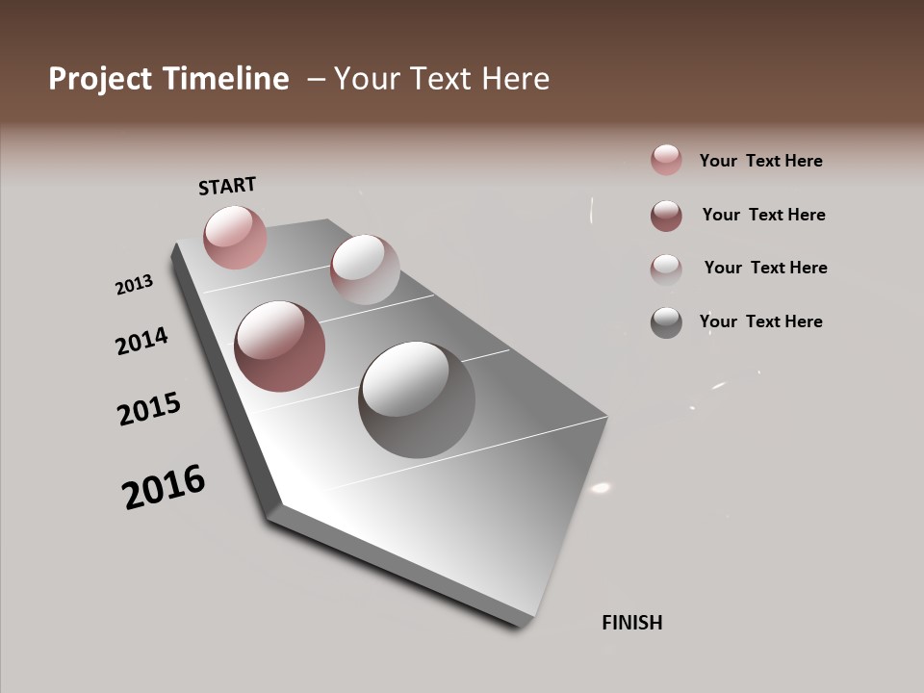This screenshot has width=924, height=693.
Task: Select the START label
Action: (x=227, y=185)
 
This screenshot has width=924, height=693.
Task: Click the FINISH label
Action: (x=632, y=623)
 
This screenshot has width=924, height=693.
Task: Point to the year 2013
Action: (x=135, y=285)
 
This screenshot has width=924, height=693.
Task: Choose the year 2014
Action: (x=141, y=341)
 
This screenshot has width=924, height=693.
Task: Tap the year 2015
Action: (x=149, y=409)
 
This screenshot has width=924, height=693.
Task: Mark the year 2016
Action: (x=164, y=487)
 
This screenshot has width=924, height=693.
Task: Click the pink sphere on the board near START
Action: (x=235, y=237)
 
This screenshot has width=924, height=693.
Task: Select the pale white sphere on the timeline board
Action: (x=365, y=269)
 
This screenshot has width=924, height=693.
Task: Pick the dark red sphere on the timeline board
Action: (x=280, y=346)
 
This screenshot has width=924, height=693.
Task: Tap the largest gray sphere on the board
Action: (x=417, y=399)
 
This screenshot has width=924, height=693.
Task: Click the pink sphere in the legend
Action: (x=666, y=160)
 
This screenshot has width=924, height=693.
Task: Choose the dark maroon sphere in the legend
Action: (x=666, y=216)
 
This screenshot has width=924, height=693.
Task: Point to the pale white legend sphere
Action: (x=666, y=269)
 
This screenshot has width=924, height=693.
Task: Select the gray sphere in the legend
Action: (x=666, y=322)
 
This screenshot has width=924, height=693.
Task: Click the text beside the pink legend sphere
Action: (x=760, y=161)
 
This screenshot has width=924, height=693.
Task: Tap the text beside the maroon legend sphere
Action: (x=763, y=215)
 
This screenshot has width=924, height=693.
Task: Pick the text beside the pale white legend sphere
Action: (x=765, y=268)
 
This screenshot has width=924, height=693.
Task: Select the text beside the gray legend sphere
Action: (x=760, y=321)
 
